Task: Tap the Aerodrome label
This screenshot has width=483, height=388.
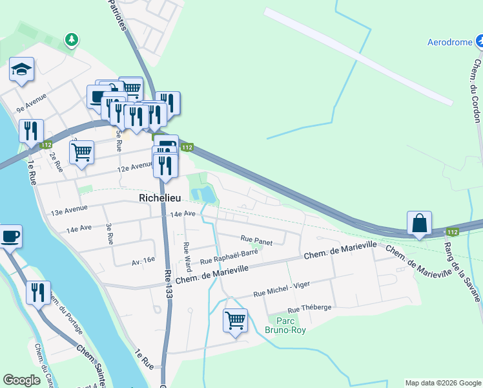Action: click(x=451, y=43)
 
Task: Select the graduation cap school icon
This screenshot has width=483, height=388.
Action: click(x=22, y=70)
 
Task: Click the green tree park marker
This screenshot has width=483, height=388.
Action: click(x=72, y=40)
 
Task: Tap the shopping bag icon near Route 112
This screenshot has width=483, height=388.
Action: click(x=420, y=224)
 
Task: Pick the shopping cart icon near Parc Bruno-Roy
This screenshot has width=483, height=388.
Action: click(x=235, y=320)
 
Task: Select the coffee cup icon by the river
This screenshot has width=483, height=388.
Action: click(x=10, y=235)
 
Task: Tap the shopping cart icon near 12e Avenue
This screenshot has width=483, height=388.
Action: click(x=81, y=153)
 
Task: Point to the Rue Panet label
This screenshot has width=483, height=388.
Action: click(x=256, y=239)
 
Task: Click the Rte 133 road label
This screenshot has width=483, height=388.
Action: click(x=169, y=284)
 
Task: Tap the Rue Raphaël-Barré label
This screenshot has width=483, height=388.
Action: click(x=229, y=258)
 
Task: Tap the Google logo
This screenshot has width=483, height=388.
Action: click(x=22, y=380)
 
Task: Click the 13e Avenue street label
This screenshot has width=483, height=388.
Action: click(x=68, y=210)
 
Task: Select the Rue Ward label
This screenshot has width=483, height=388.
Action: click(x=187, y=256)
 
